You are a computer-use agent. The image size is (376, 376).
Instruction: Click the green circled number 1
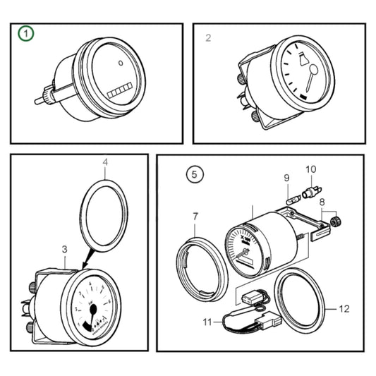click(26, 34)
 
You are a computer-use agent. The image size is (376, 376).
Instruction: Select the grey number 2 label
click(208, 37)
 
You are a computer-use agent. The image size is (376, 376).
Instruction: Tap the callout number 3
click(64, 249)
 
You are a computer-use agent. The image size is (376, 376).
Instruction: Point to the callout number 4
click(105, 162)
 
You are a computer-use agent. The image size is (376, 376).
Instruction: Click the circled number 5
click(193, 173)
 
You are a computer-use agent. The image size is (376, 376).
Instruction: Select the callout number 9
click(286, 177)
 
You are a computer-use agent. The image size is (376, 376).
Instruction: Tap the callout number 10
click(311, 169)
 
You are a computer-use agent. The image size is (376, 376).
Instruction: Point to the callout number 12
click(344, 308)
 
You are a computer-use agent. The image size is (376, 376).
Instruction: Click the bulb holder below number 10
click(311, 191)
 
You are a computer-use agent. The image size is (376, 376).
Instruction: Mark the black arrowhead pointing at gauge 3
click(86, 265)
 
